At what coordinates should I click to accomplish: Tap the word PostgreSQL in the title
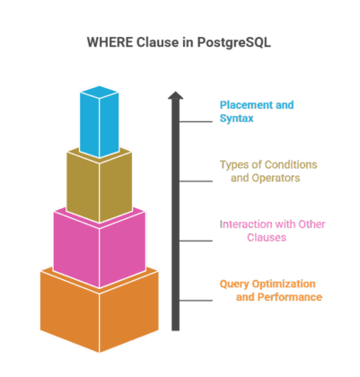coord(238,42)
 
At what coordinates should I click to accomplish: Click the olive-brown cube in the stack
coord(99,184)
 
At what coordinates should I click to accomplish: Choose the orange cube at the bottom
coord(99,310)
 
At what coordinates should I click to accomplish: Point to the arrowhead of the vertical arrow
coord(176,95)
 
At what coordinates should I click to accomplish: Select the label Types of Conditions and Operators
coord(268,171)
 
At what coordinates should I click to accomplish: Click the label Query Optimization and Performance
coord(270,290)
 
